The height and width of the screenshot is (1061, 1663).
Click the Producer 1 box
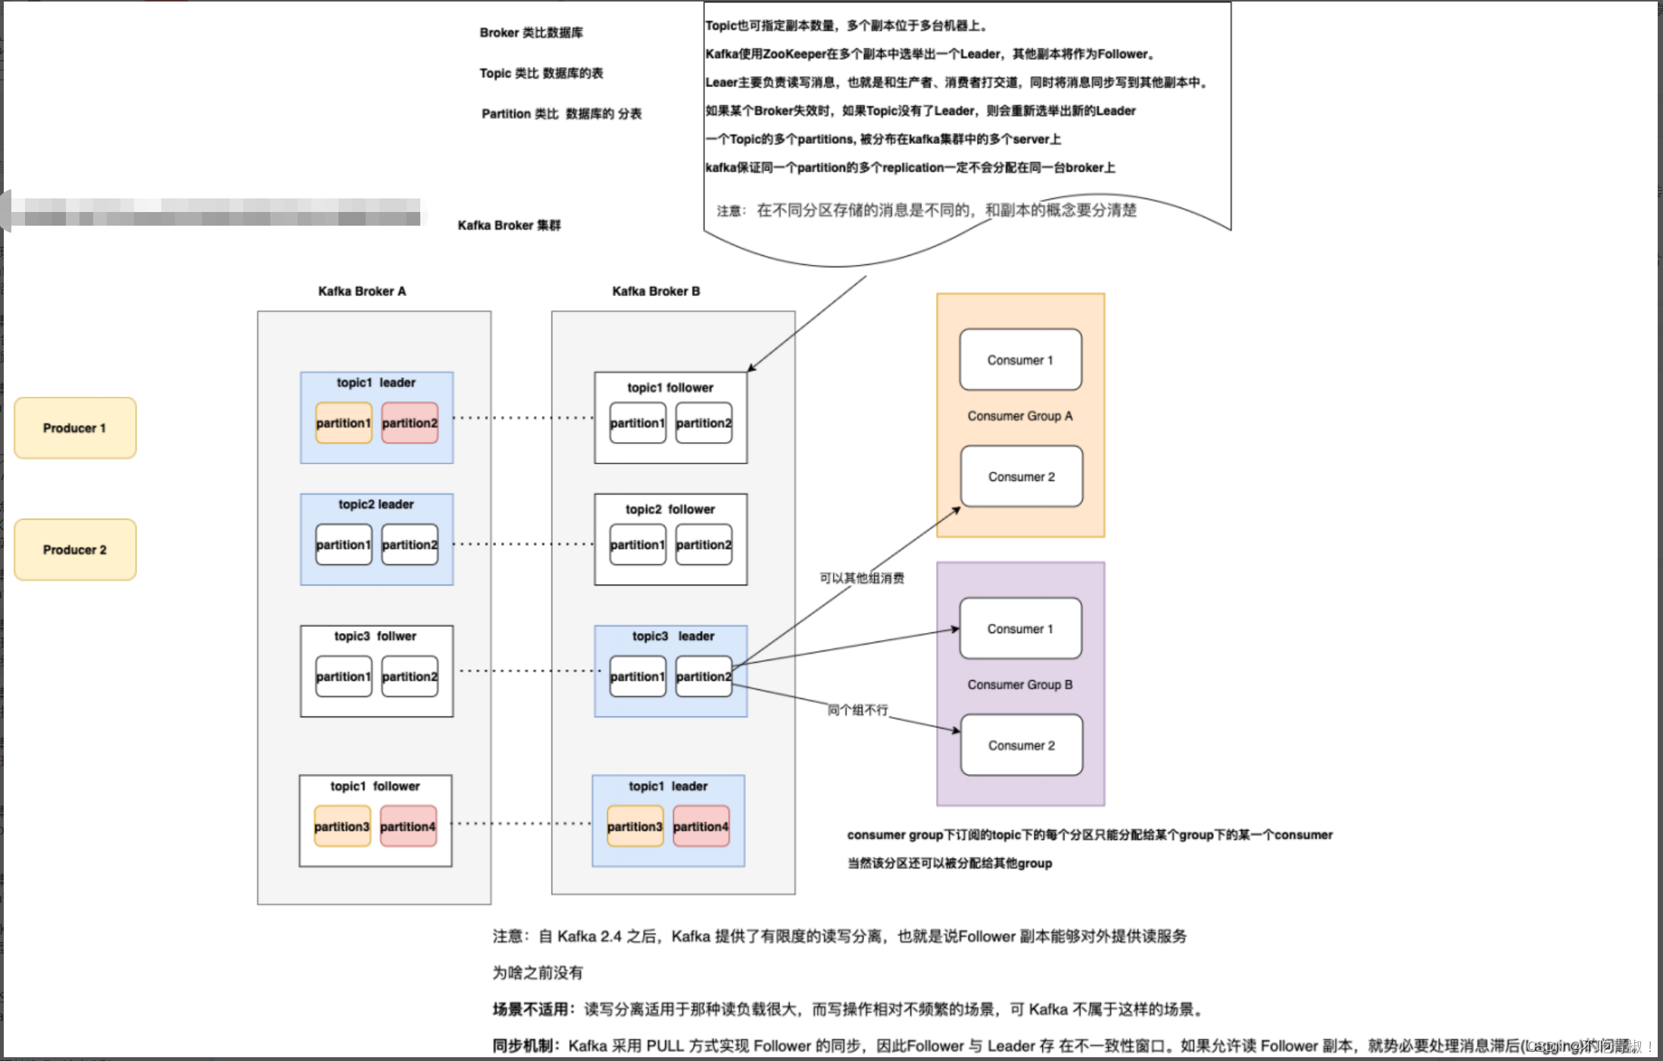tap(75, 428)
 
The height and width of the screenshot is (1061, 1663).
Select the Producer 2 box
tap(75, 550)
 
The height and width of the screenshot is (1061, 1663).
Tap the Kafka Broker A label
tap(362, 292)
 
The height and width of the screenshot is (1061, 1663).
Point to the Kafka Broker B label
tap(656, 292)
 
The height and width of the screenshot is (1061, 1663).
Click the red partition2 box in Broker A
tap(410, 423)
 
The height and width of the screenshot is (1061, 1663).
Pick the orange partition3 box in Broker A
tap(342, 826)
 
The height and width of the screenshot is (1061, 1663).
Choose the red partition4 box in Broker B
tap(701, 826)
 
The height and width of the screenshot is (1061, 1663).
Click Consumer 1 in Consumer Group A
tap(1020, 360)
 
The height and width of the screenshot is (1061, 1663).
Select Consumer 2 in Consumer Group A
tap(1022, 476)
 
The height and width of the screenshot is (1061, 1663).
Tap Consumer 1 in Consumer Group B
tap(1020, 629)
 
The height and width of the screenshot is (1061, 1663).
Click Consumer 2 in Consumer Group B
tap(1022, 745)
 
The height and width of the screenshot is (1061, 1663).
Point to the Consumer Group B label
tap(1020, 685)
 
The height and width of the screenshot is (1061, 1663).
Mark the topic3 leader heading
tap(673, 636)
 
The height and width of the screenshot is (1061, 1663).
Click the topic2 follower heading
tap(670, 509)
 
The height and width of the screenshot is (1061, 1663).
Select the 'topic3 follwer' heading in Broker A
tap(376, 636)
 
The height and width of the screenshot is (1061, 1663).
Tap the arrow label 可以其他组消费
tap(862, 578)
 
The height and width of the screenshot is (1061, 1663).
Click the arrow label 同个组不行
tap(857, 710)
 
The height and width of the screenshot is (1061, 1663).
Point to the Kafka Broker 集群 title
tap(509, 225)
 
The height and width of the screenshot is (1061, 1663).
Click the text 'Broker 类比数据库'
tap(531, 33)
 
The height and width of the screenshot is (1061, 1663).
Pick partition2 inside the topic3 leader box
tap(704, 676)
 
